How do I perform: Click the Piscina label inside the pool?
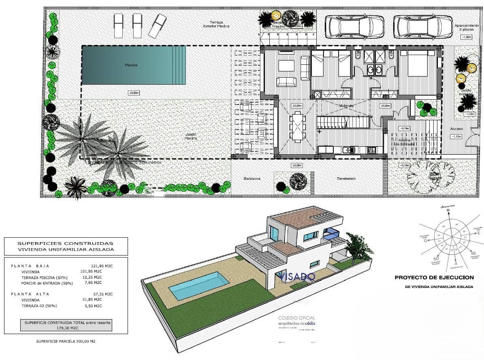point(130,65)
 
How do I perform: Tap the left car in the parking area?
point(355,26)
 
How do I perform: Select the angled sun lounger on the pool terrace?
point(158,26)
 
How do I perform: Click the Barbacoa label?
point(252,179)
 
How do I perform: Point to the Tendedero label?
point(345,179)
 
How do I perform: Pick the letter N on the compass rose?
point(448,211)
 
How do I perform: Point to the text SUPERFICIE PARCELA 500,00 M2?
point(66,341)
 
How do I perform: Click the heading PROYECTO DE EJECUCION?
point(434,277)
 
